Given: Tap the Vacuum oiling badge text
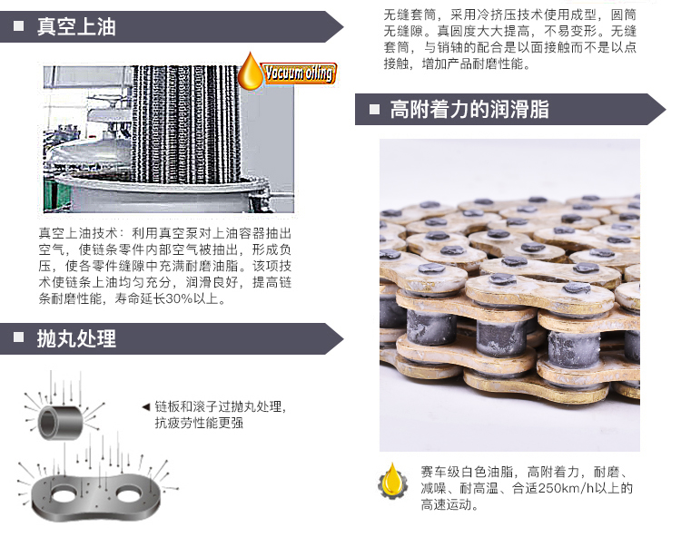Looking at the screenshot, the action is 300,73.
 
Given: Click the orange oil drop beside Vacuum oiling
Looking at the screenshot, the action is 252,73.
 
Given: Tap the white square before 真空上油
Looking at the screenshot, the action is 18,27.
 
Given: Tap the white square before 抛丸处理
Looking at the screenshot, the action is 18,339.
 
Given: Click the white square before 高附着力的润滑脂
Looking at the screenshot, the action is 373,110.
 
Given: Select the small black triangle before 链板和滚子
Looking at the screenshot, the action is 146,406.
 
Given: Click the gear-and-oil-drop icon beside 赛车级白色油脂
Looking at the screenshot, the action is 392,482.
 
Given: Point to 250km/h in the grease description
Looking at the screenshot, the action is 563,488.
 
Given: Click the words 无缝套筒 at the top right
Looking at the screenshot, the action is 402,15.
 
